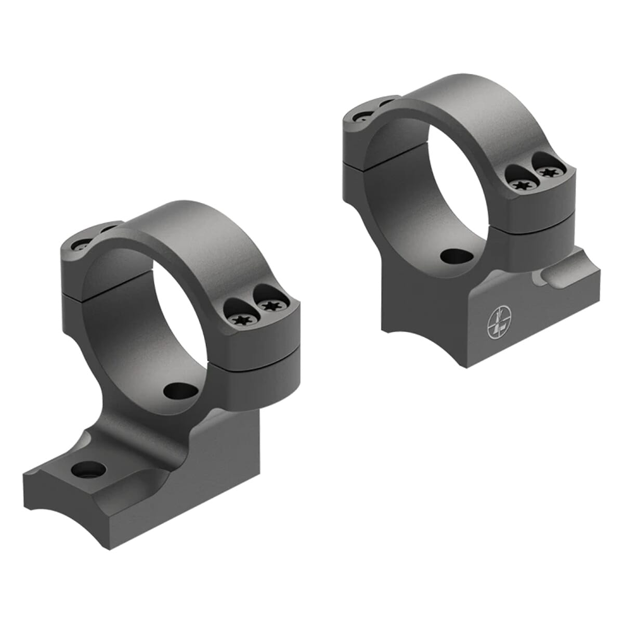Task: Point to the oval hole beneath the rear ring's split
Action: point(453,255)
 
